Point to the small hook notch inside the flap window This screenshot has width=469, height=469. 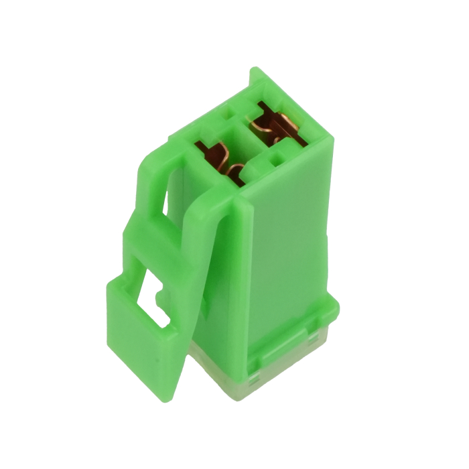(x=159, y=294)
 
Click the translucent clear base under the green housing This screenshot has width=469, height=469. (x=268, y=382)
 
